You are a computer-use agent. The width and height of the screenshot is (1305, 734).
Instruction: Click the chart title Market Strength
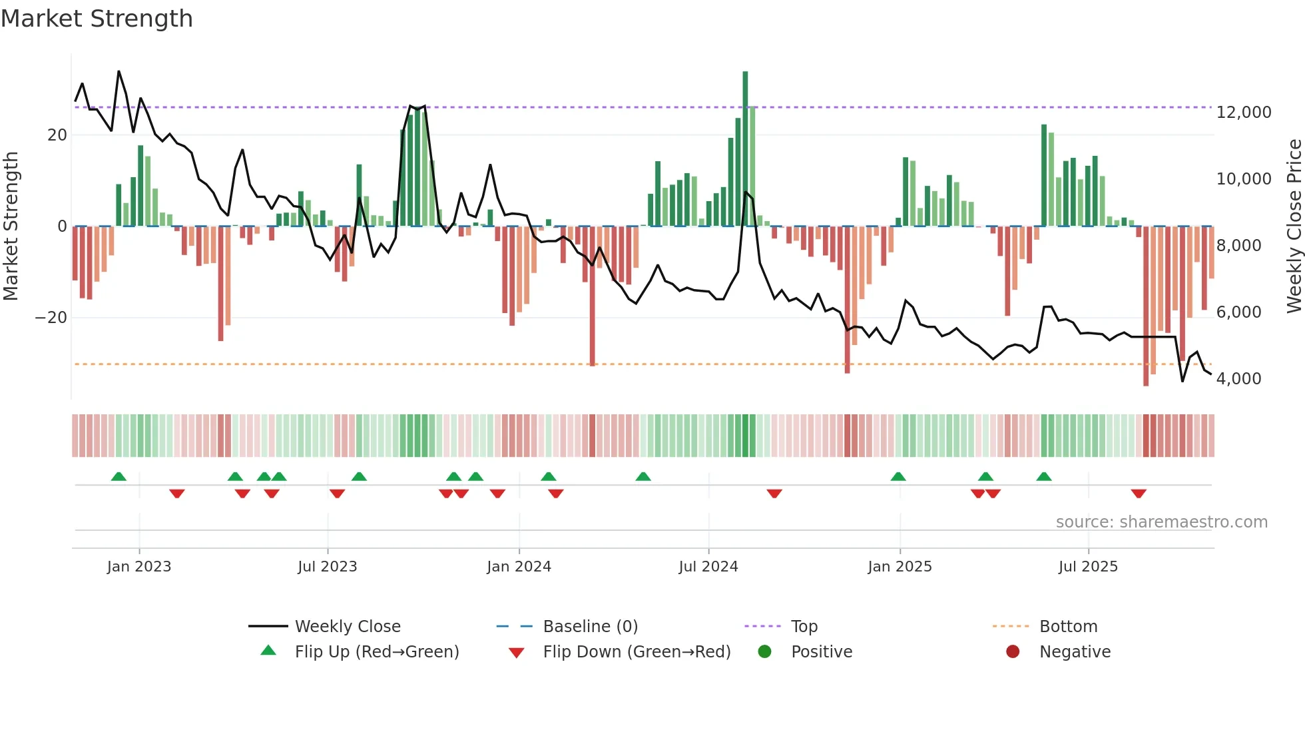coord(97,19)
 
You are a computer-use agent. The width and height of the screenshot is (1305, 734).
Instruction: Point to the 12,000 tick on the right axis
coord(1243,113)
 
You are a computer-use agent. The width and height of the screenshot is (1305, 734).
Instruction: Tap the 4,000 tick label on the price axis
coord(1238,379)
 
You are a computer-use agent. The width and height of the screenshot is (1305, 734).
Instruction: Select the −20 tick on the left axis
coord(51,318)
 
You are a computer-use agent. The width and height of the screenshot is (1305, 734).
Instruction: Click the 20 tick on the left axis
coord(57,135)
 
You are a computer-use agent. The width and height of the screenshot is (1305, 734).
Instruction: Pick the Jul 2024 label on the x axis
coord(708,567)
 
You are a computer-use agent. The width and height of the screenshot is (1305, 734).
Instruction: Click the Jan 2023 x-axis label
coord(138,567)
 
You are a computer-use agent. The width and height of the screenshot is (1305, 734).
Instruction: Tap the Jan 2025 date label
coord(900,567)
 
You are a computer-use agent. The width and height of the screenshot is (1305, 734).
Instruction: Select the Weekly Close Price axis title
coord(1294,226)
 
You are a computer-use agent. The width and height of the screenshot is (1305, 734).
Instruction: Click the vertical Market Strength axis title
coord(11,226)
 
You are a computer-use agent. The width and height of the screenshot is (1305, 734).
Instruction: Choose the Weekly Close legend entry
coord(347,627)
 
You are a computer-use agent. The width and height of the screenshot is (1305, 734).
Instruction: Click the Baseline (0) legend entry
coord(590,627)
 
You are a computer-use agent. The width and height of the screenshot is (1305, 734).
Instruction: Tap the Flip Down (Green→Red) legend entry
coord(636,652)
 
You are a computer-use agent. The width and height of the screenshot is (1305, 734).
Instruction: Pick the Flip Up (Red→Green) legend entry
coord(376,652)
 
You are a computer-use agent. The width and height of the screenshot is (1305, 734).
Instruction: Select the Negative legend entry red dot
coord(1013,652)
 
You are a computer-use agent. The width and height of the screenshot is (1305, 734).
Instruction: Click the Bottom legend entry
coord(1067,627)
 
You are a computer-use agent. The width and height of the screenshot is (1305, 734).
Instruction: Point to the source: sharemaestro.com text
coord(1161,522)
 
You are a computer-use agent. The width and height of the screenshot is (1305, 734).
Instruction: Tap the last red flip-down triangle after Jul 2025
coord(1139,494)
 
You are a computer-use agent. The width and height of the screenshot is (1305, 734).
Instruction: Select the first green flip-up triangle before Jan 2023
coord(119,476)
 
